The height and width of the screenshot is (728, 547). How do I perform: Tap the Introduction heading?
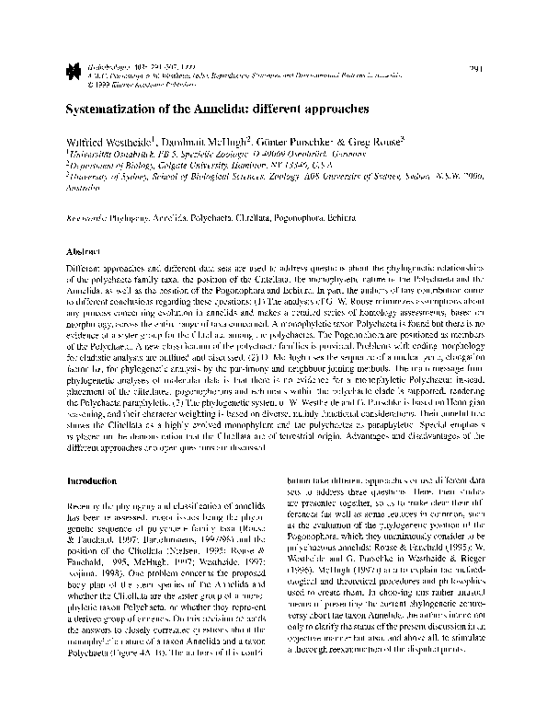click(x=93, y=480)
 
